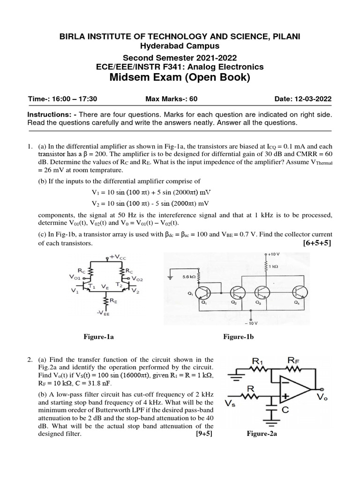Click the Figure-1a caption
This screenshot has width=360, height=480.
(99, 336)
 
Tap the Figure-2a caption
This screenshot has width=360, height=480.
(262, 434)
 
